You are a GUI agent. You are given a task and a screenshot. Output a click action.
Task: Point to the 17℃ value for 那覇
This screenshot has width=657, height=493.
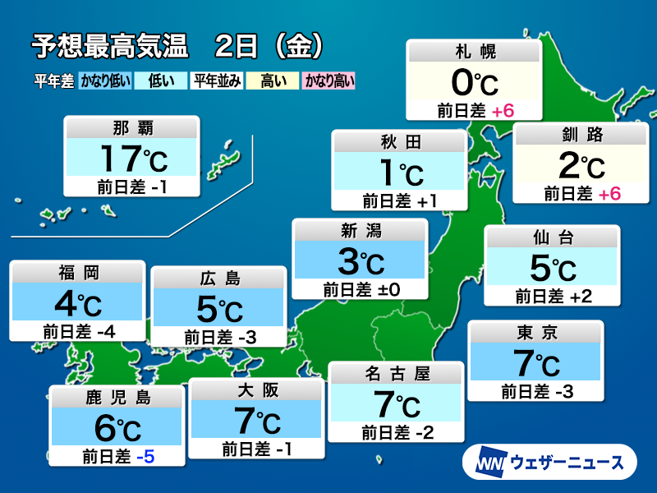(x=132, y=156)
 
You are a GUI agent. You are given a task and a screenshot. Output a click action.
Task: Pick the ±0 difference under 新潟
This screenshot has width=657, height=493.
(x=391, y=288)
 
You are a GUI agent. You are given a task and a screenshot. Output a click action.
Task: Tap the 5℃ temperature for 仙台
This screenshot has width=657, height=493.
(x=552, y=268)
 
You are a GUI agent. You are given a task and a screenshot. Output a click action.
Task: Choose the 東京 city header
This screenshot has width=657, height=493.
(x=535, y=333)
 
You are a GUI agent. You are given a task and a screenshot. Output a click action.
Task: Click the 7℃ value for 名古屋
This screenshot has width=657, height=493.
(x=397, y=404)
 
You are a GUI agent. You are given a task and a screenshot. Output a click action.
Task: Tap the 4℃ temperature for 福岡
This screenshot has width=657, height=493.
(x=77, y=306)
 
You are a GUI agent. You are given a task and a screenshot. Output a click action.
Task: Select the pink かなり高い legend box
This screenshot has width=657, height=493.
(x=328, y=81)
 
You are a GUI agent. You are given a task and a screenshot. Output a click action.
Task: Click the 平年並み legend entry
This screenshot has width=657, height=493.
(x=215, y=81)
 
